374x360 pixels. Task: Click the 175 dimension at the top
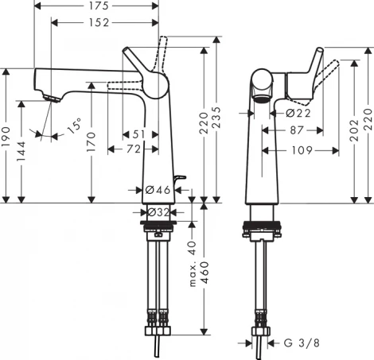(98, 7)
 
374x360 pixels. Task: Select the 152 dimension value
(98, 22)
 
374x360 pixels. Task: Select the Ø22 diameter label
(296, 113)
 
